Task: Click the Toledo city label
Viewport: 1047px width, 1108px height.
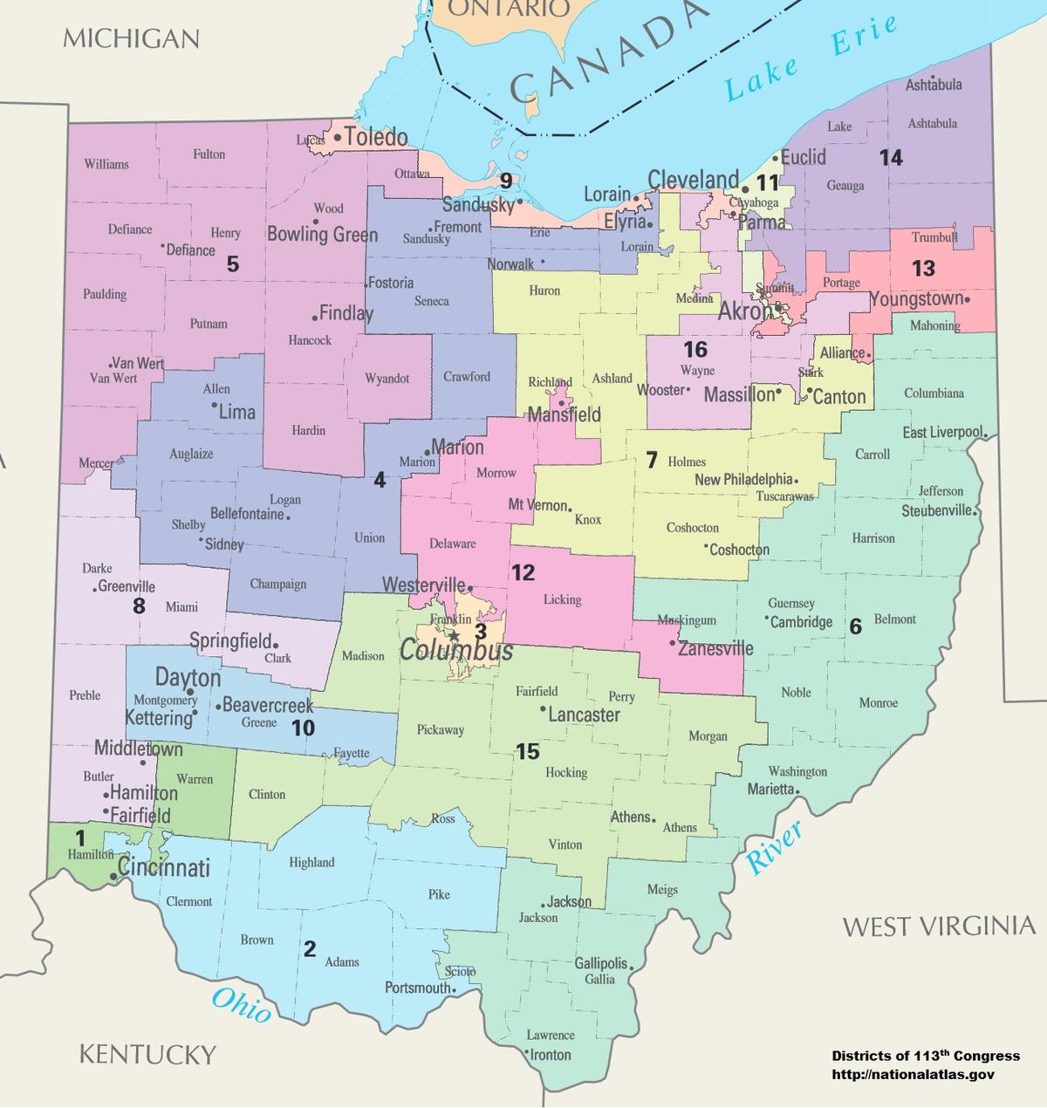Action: [x=375, y=137]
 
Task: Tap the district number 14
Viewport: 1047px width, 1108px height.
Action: [x=891, y=158]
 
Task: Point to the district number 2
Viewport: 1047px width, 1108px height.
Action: [x=310, y=949]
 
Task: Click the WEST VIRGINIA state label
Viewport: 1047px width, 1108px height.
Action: [x=939, y=926]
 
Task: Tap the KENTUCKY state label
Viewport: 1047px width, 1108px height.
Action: [x=147, y=1054]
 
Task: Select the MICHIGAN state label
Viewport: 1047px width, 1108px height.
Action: [x=131, y=38]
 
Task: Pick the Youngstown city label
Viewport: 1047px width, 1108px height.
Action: [x=917, y=299]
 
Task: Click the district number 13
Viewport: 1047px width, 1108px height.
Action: [x=923, y=269]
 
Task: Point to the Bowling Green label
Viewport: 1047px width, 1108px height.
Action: [x=322, y=234]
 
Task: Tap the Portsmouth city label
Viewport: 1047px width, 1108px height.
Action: [x=418, y=988]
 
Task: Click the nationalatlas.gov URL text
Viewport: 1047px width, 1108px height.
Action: [x=913, y=1075]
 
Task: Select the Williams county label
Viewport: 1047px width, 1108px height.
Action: [x=106, y=164]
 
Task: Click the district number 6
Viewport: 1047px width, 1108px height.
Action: [x=855, y=626]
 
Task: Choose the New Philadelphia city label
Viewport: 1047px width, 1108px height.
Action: [x=743, y=479]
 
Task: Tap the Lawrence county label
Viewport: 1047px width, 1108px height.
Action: [x=551, y=1035]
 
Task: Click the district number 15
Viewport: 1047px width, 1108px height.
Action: [x=528, y=751]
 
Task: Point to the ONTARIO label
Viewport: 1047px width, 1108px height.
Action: [x=510, y=9]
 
